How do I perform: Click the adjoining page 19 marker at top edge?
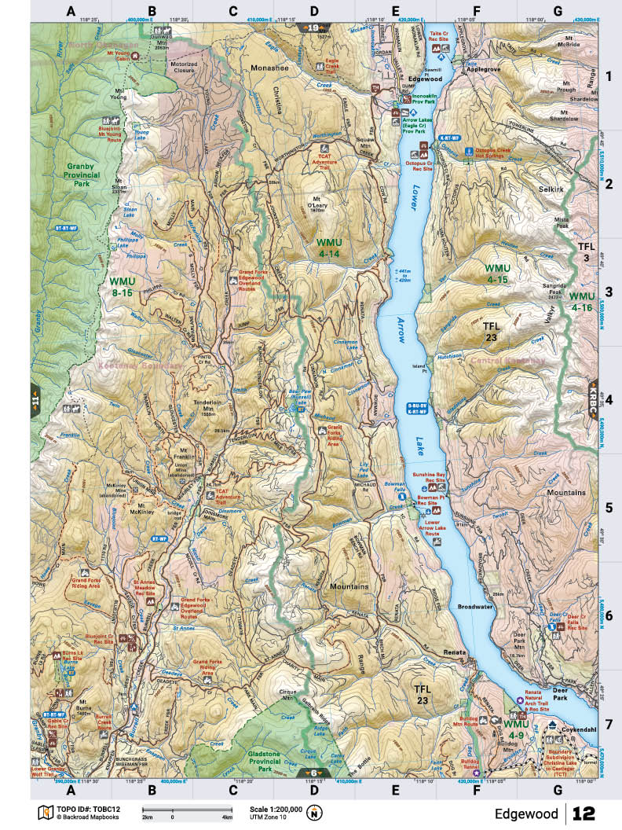coord(314,28)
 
